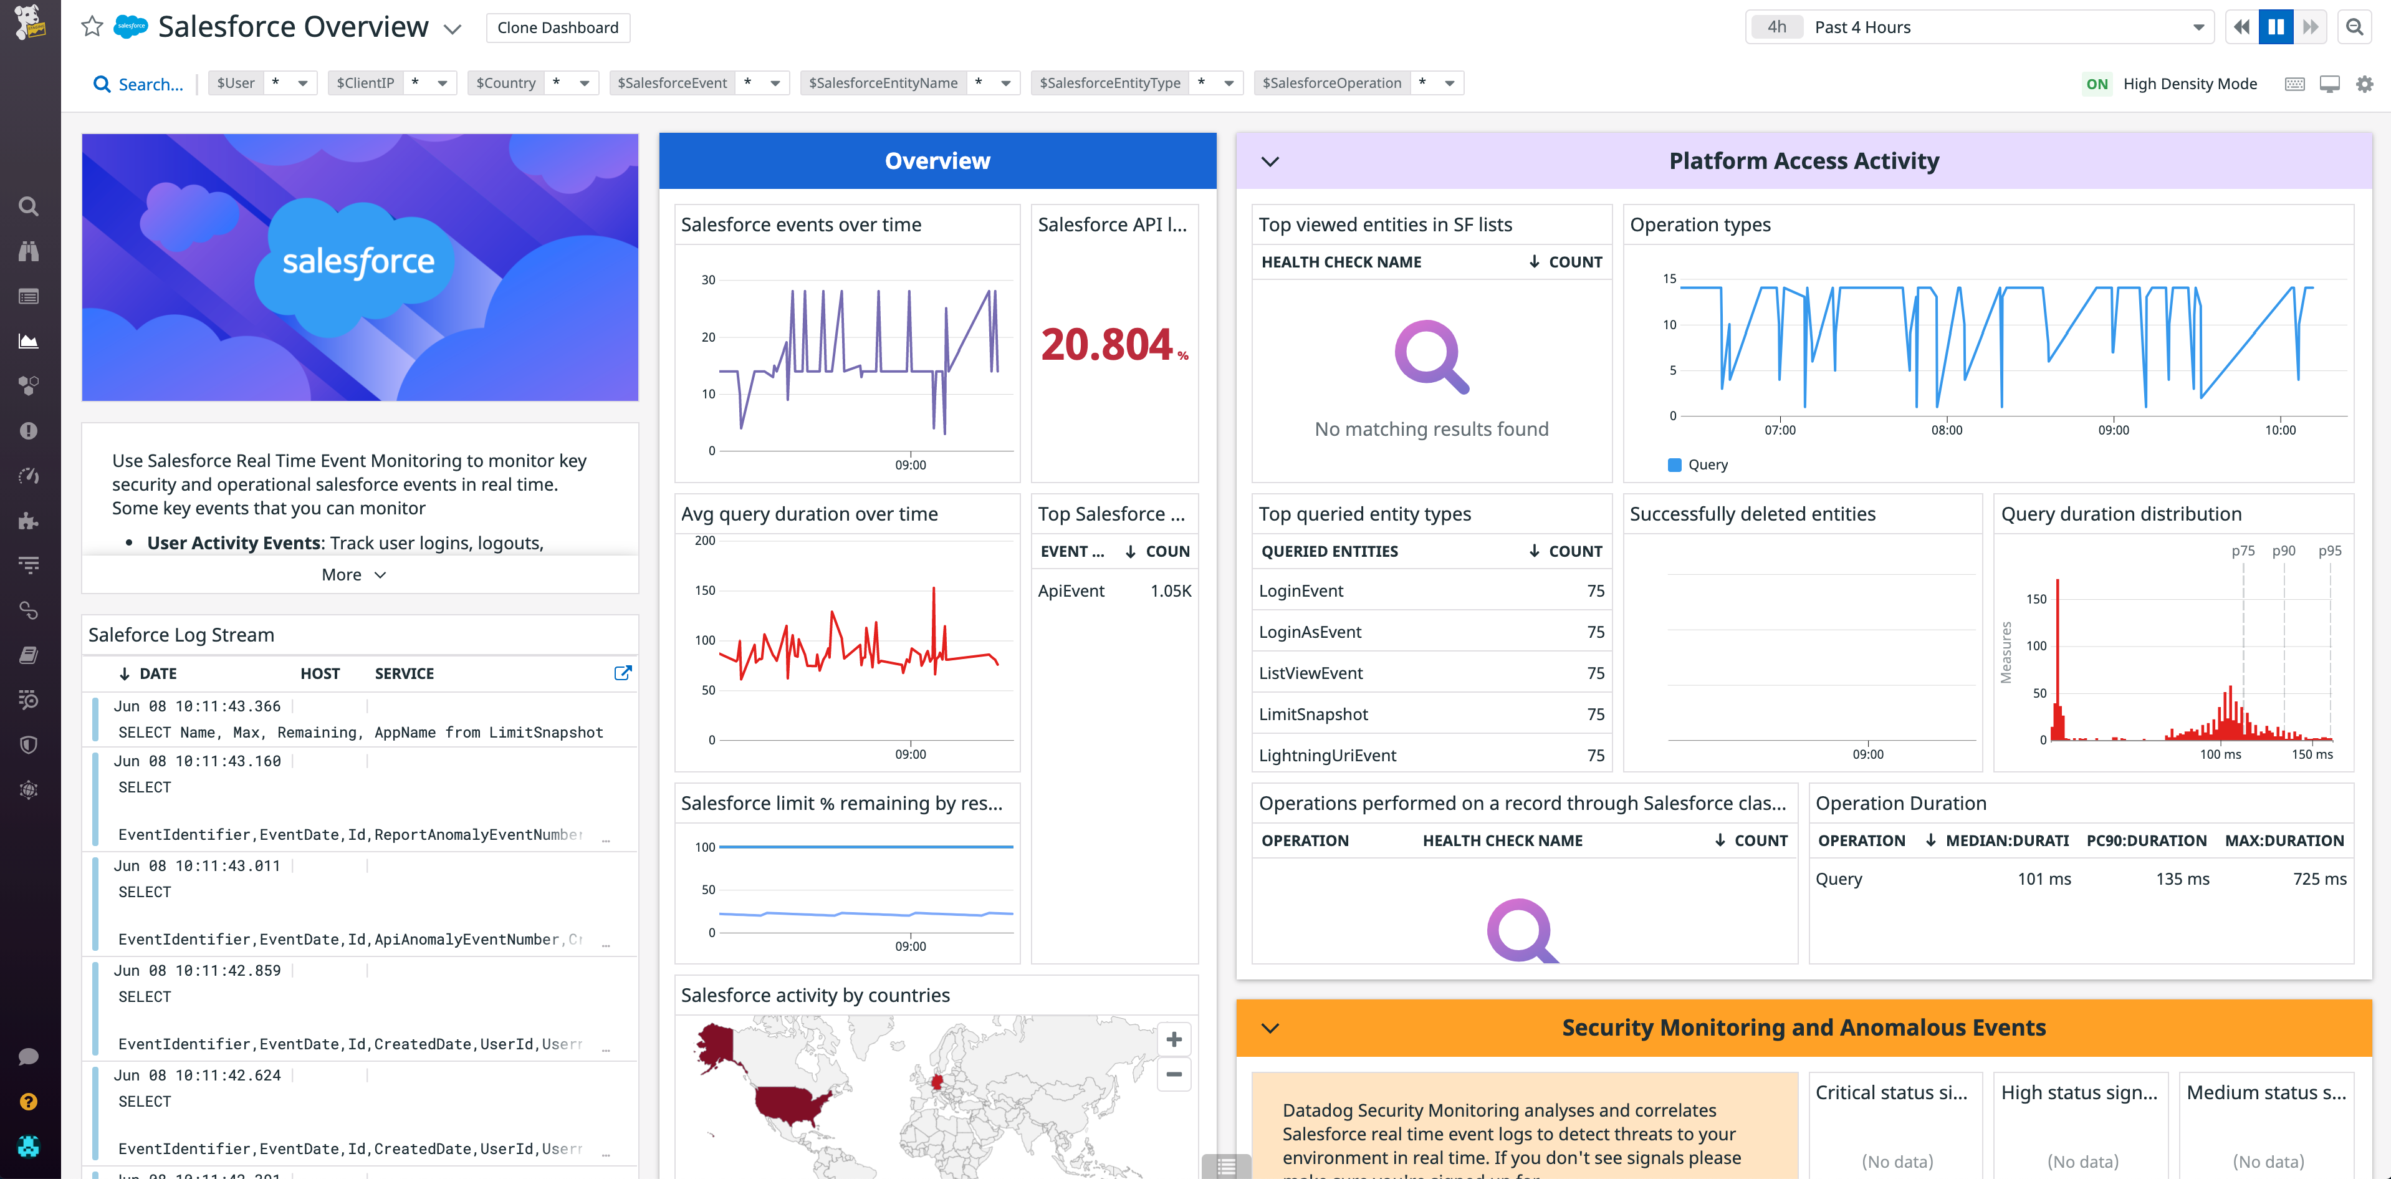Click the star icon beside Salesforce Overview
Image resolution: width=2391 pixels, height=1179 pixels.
pyautogui.click(x=92, y=27)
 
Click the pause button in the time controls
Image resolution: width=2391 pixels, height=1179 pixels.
pyautogui.click(x=2275, y=27)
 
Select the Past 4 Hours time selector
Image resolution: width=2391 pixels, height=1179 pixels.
pyautogui.click(x=1977, y=27)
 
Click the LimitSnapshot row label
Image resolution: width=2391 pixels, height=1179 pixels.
pyautogui.click(x=1313, y=714)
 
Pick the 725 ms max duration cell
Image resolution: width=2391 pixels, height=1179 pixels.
pyautogui.click(x=2319, y=878)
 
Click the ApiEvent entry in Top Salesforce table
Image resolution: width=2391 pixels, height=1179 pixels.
pyautogui.click(x=1071, y=591)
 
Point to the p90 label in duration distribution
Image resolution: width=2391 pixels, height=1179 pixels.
pyautogui.click(x=2283, y=551)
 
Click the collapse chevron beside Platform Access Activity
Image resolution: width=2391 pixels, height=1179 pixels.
pyautogui.click(x=1270, y=161)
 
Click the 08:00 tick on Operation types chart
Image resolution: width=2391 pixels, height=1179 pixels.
pyautogui.click(x=1947, y=430)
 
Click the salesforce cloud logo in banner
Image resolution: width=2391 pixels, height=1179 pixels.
pyautogui.click(x=358, y=262)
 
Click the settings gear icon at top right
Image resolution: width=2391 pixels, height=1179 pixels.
pyautogui.click(x=2364, y=84)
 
